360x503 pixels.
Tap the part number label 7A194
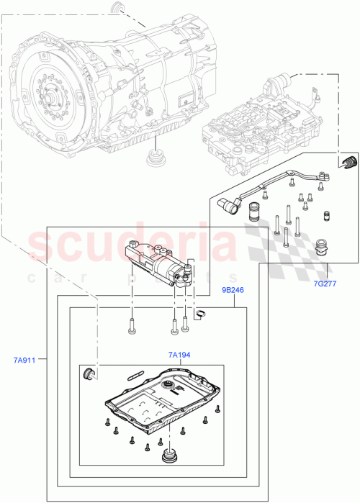[179, 355]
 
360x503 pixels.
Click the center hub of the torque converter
[53, 94]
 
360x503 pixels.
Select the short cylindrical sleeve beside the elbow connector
[254, 214]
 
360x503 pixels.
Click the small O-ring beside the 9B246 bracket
[202, 312]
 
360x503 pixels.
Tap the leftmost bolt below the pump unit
[132, 327]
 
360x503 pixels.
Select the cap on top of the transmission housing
[117, 9]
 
